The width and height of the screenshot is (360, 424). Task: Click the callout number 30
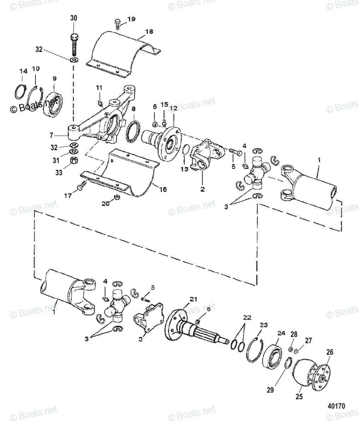point(73,18)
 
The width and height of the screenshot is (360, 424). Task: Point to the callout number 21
point(193,299)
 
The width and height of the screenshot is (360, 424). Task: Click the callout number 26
point(330,352)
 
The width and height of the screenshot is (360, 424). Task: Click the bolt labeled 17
point(82,184)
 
